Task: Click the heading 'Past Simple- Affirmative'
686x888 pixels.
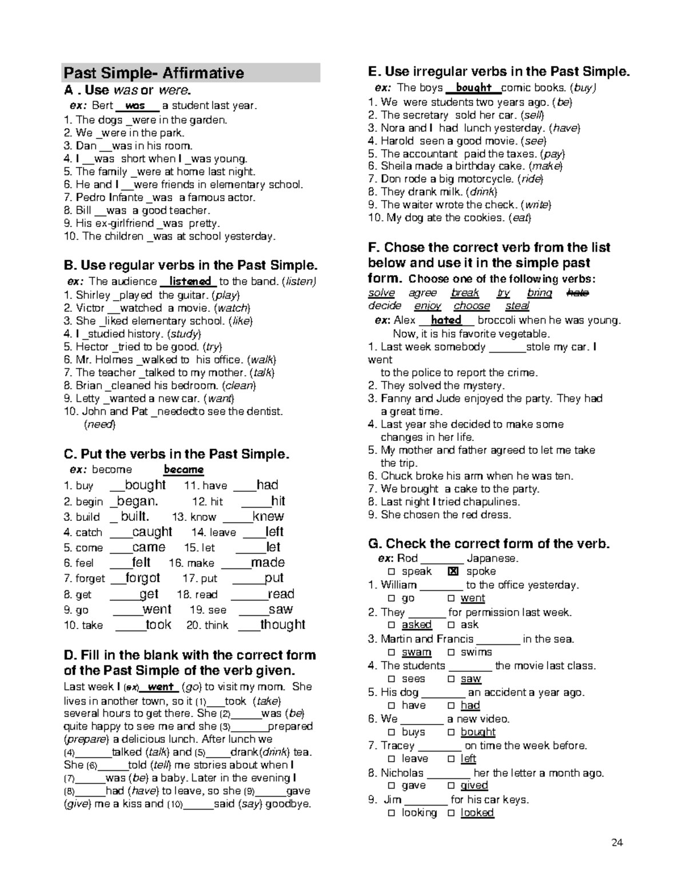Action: (x=154, y=73)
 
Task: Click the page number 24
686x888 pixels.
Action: (x=617, y=842)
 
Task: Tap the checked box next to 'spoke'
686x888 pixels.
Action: (x=453, y=571)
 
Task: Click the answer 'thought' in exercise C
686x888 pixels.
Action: (x=283, y=625)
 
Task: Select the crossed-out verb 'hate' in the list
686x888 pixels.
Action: (x=577, y=293)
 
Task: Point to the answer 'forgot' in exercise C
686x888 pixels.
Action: (x=143, y=578)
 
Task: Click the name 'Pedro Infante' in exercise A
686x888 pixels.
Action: (x=110, y=197)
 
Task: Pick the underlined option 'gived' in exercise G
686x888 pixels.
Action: (x=474, y=785)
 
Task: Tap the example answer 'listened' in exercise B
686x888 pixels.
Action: (x=190, y=281)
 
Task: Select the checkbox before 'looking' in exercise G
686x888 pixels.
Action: (x=391, y=813)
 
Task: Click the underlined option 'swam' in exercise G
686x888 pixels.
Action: (x=416, y=652)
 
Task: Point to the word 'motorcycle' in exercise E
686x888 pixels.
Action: (x=488, y=179)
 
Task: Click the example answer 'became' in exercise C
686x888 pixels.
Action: (x=184, y=469)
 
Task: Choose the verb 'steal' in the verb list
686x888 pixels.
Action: (x=517, y=306)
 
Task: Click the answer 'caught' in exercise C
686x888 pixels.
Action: (x=152, y=532)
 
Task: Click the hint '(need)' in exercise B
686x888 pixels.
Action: (x=99, y=424)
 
